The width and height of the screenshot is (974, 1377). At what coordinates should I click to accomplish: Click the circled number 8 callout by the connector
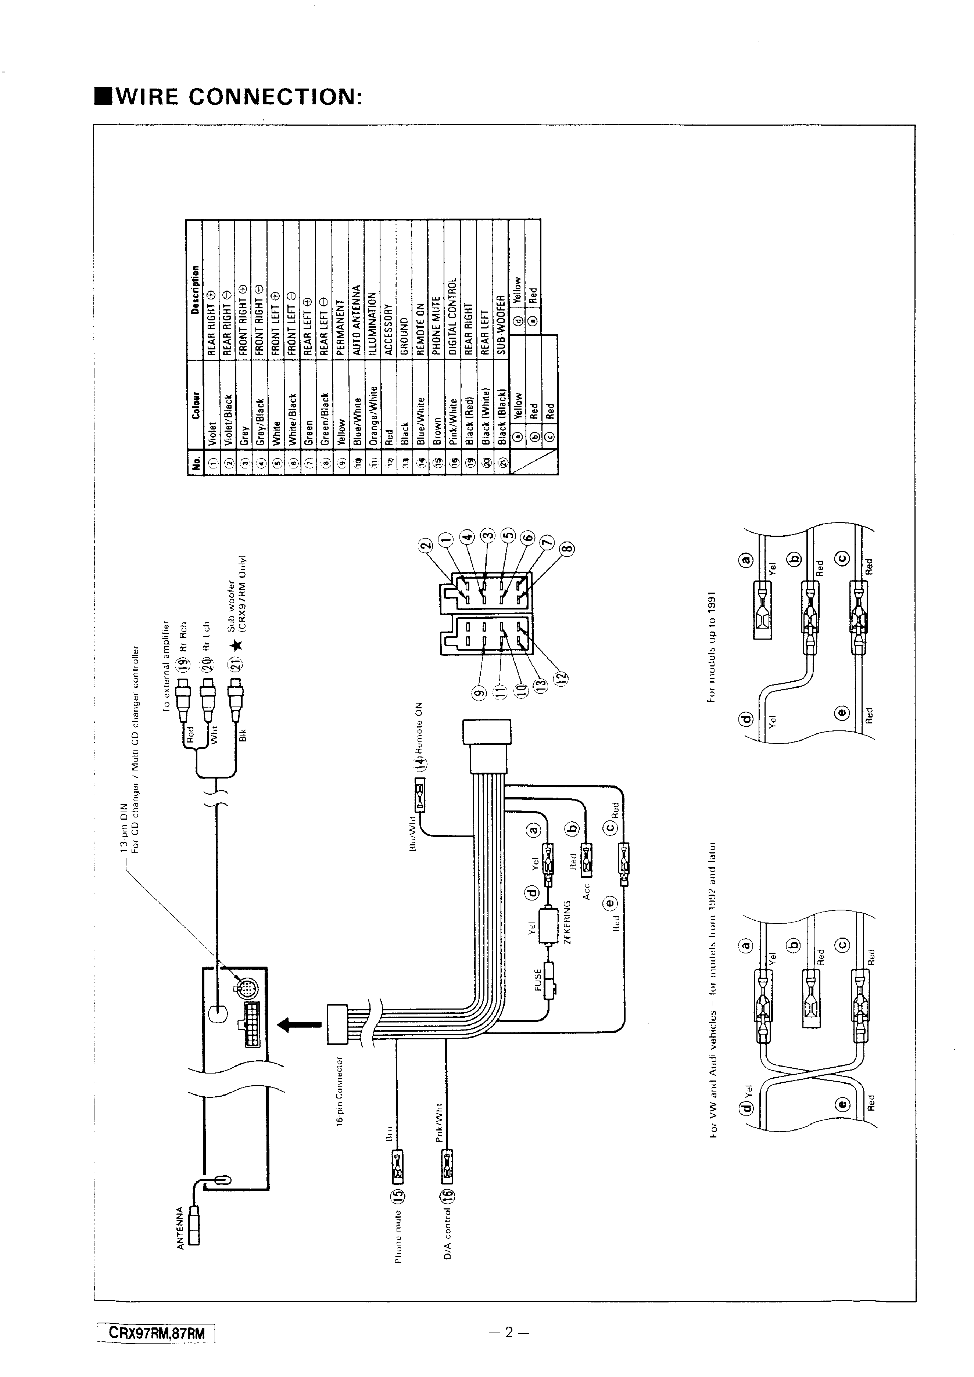point(567,547)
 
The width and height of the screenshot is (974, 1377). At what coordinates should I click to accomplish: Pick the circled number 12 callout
point(562,678)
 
